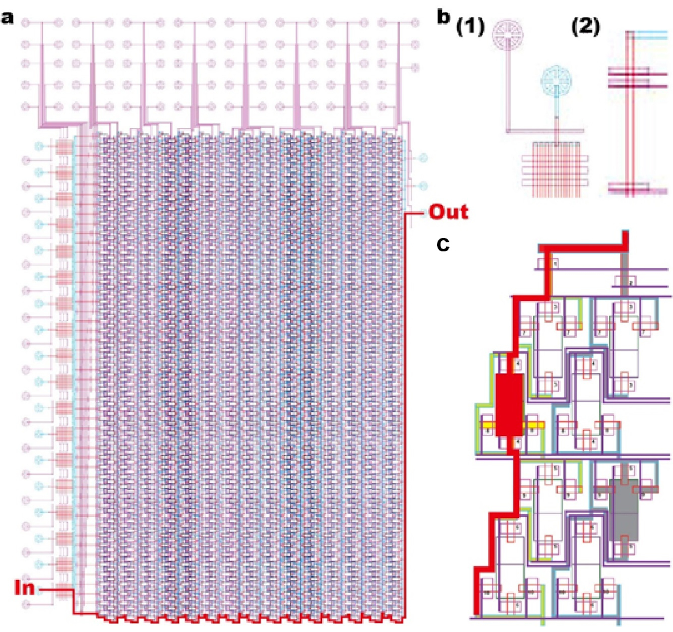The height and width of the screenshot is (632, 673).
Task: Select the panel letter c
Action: coord(443,245)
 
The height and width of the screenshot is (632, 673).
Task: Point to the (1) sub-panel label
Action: coord(470,28)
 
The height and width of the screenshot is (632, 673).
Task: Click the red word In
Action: coord(25,588)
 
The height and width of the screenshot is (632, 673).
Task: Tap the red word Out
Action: coord(448,212)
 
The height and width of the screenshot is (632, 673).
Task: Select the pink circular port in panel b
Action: coord(508,35)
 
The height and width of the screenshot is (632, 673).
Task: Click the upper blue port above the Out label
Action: coord(422,158)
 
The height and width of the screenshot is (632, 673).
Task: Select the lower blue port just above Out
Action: coord(422,186)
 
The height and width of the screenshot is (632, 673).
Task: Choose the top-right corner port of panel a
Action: coord(415,23)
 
